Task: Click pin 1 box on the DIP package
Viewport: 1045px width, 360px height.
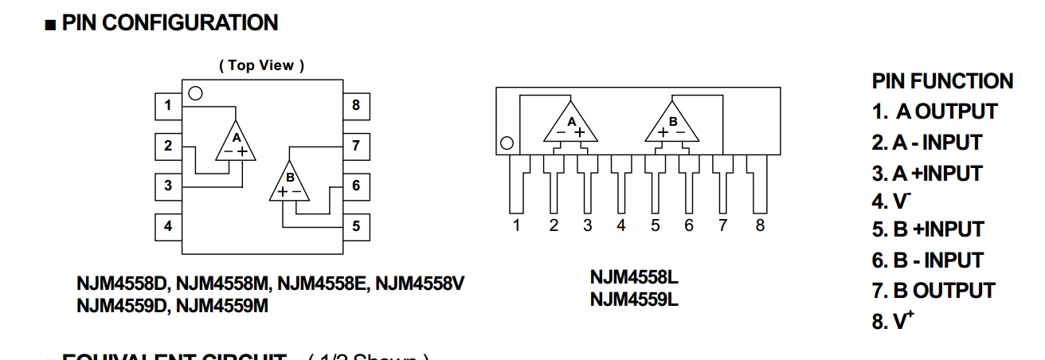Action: tap(168, 105)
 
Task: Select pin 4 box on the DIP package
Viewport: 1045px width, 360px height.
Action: tap(168, 226)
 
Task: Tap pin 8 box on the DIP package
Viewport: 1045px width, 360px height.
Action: tap(355, 105)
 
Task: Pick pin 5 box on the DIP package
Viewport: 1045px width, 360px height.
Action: tap(355, 226)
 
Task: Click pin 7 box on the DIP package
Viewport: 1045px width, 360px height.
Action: tap(355, 146)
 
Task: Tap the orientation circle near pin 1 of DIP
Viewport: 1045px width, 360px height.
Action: tap(195, 93)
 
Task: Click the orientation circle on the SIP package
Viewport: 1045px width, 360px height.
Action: tap(505, 144)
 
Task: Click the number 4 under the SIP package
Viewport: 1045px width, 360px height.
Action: tap(621, 225)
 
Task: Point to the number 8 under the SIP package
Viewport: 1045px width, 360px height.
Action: tap(760, 225)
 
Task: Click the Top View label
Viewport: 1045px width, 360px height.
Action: tap(261, 65)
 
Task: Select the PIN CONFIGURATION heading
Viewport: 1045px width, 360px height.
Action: tap(170, 23)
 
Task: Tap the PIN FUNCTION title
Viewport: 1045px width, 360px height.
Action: tap(942, 81)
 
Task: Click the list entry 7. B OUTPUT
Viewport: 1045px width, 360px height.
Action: tap(933, 291)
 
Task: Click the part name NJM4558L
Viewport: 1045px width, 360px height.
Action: tap(634, 278)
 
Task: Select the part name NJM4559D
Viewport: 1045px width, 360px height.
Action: tap(123, 304)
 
